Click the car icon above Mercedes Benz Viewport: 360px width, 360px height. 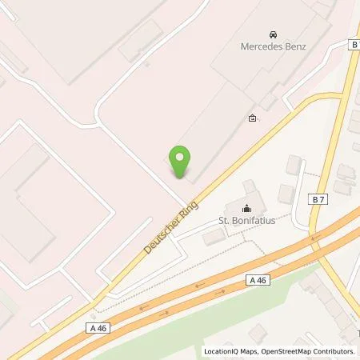(274, 34)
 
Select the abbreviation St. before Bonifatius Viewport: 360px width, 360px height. (226, 221)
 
